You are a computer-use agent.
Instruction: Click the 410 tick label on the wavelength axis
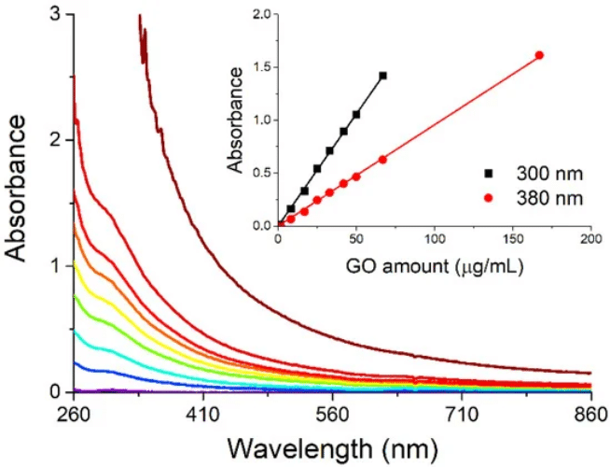coord(203,415)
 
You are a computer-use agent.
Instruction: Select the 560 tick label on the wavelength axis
coord(332,415)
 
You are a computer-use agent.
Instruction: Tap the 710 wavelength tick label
coord(462,415)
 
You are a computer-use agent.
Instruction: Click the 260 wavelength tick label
coord(74,415)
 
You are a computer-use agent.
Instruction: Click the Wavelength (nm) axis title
coord(332,448)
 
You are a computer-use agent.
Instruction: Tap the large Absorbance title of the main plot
coord(16,189)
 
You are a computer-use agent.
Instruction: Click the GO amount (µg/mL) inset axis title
coord(434,267)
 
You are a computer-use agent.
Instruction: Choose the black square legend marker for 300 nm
coord(488,174)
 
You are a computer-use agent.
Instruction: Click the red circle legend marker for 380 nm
coord(488,199)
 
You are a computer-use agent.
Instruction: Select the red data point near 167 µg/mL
coord(540,55)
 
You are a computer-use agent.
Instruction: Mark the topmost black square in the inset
coord(382,76)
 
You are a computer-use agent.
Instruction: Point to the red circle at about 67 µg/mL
coord(382,160)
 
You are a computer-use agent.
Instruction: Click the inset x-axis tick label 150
coord(513,239)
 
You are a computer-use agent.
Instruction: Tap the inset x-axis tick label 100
coord(434,239)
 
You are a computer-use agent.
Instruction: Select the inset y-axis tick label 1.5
coord(263,67)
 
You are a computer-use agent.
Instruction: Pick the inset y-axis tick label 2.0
coord(263,14)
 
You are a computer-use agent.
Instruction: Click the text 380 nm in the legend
coord(549,199)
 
